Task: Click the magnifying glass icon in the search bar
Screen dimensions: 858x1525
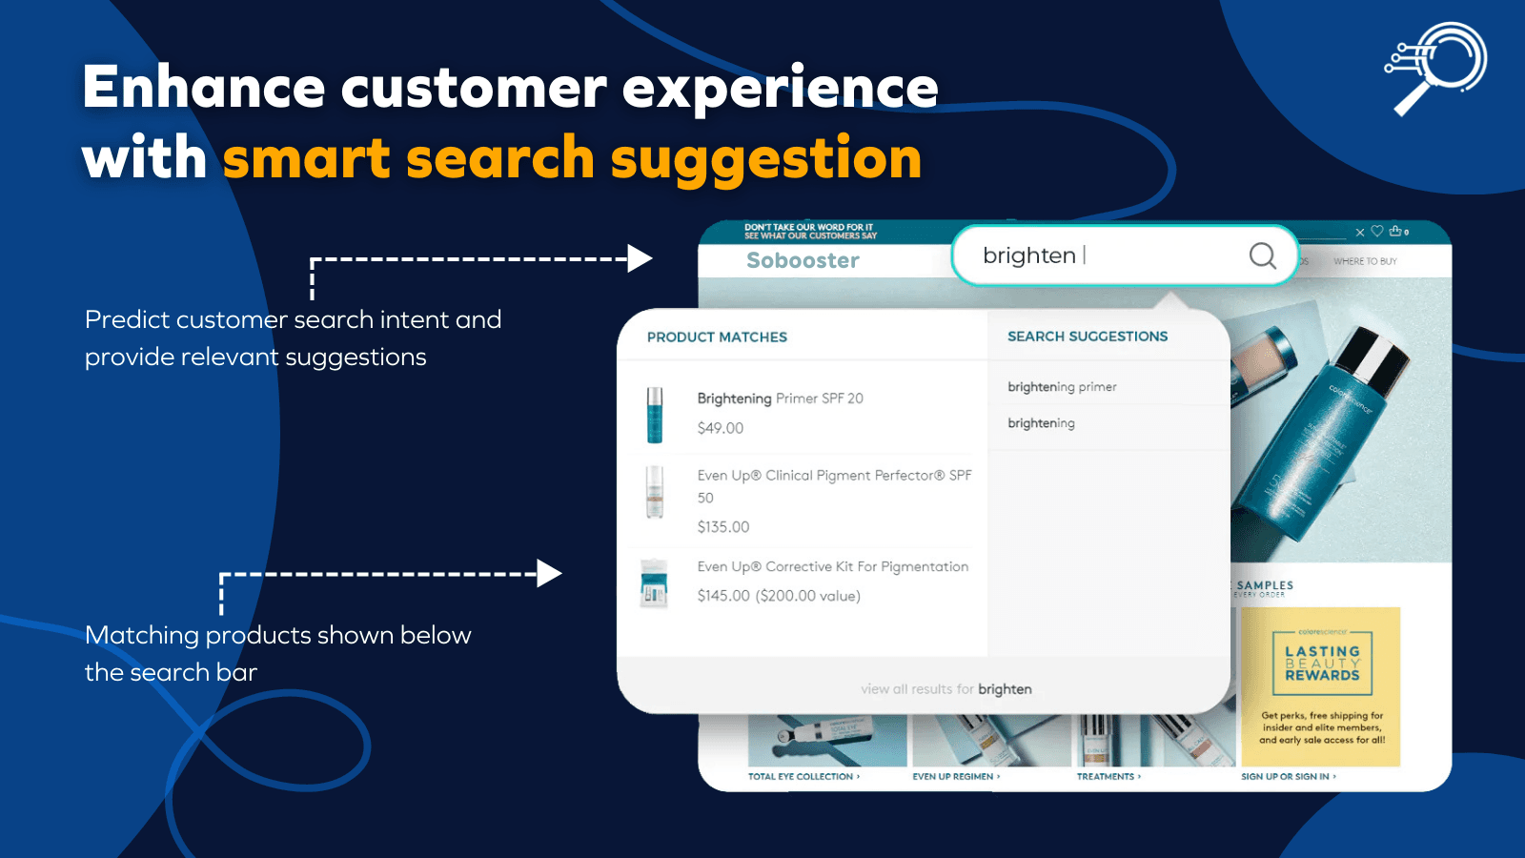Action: (x=1262, y=255)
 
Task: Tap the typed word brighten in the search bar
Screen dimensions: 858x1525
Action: (x=1028, y=255)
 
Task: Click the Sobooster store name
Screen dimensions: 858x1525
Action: (x=803, y=260)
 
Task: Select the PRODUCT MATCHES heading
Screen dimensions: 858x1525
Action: (x=717, y=337)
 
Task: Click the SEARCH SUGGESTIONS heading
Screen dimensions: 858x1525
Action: (x=1088, y=337)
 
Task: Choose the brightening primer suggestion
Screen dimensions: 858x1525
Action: (x=1062, y=387)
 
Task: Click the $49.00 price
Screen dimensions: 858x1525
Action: (x=721, y=428)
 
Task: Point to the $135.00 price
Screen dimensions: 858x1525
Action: (x=723, y=527)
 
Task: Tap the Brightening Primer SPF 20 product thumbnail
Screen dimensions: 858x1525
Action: (x=655, y=415)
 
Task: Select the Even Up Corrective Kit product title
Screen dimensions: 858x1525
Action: (x=832, y=567)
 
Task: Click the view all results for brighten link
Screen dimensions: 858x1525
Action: (x=945, y=689)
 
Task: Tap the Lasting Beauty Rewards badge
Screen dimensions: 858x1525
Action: (x=1322, y=664)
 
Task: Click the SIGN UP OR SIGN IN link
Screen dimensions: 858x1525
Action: (x=1288, y=777)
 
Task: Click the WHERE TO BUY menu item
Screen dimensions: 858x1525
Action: (x=1365, y=261)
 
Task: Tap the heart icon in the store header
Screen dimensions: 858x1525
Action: (x=1376, y=232)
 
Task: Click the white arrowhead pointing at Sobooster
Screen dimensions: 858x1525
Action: (x=640, y=258)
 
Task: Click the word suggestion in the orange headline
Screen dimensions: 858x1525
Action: (x=765, y=158)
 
